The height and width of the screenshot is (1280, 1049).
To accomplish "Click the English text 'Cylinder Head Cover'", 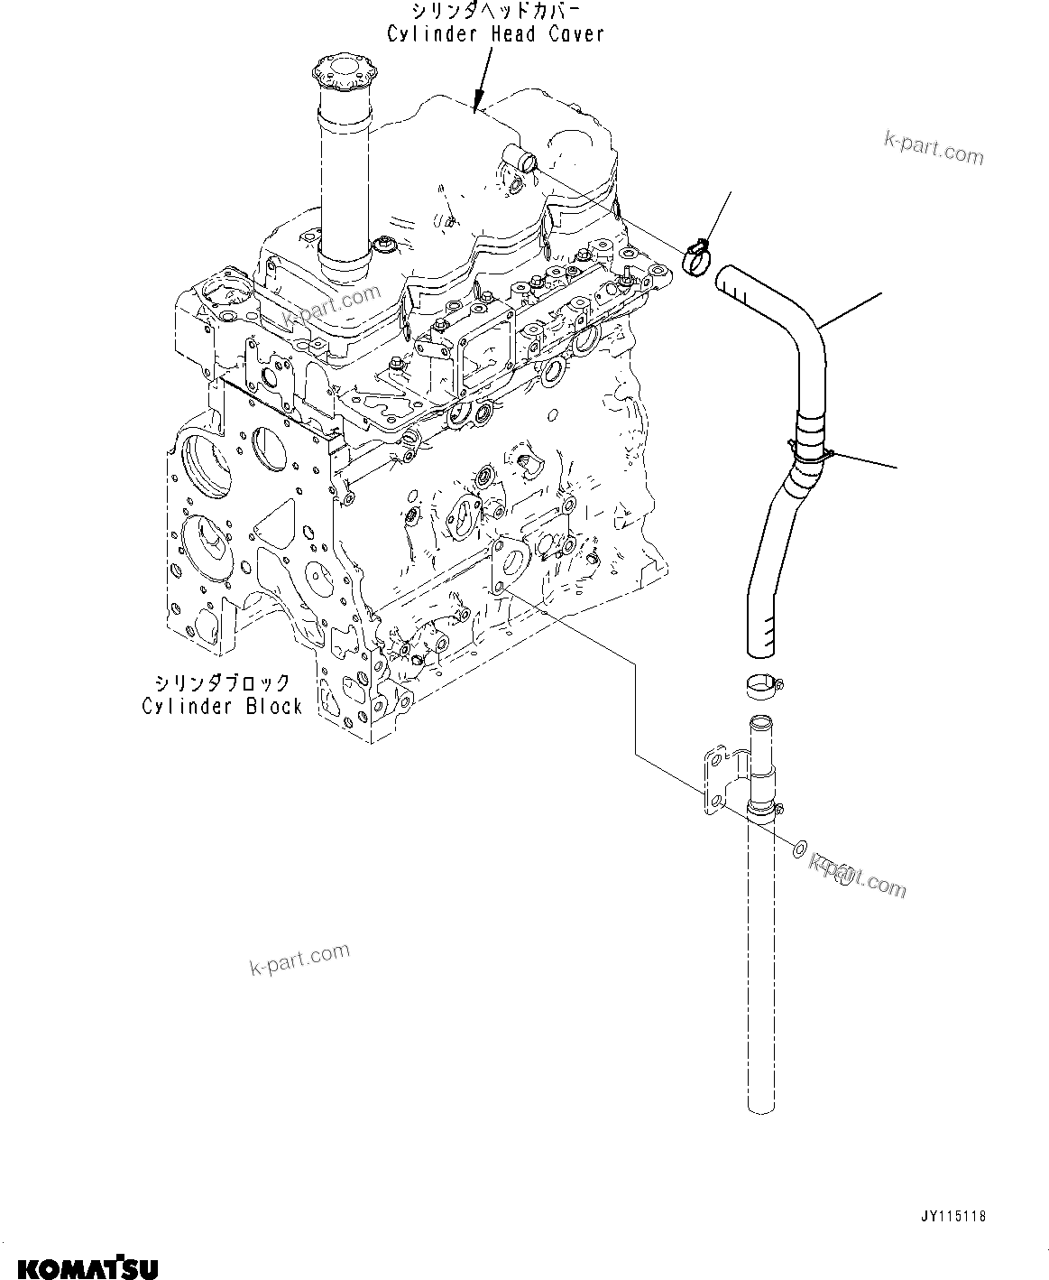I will tap(495, 34).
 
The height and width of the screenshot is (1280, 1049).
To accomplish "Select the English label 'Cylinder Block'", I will tap(222, 706).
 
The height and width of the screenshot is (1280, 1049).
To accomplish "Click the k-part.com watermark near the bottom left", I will tap(299, 960).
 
